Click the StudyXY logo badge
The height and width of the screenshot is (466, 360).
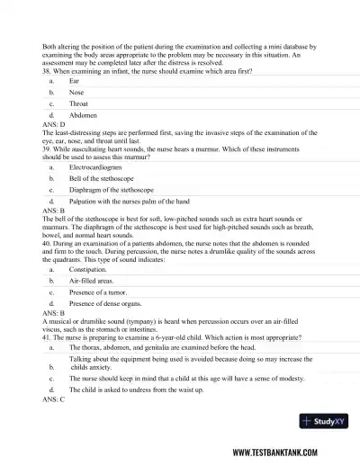(326, 421)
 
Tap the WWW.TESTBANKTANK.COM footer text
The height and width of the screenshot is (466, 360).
(284, 453)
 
